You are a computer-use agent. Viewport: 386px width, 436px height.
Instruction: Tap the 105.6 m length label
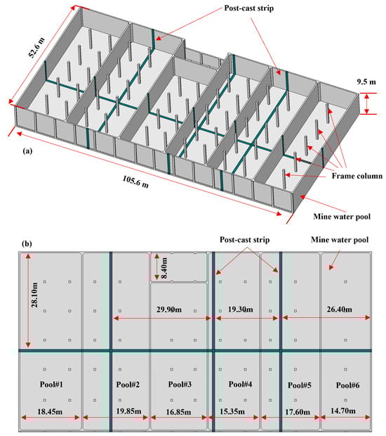pyautogui.click(x=135, y=181)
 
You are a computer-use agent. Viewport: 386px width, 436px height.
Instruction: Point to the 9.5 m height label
pyautogui.click(x=366, y=82)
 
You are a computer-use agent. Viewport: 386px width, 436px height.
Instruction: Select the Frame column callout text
pyautogui.click(x=357, y=176)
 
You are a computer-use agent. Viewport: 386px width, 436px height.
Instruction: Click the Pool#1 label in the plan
pyautogui.click(x=51, y=384)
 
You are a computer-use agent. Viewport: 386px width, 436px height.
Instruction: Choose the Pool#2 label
pyautogui.click(x=128, y=385)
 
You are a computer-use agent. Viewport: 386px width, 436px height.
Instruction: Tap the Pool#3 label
pyautogui.click(x=180, y=385)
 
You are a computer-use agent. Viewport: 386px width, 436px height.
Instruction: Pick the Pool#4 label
pyautogui.click(x=240, y=384)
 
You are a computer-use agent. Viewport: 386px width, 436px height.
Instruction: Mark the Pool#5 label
pyautogui.click(x=300, y=385)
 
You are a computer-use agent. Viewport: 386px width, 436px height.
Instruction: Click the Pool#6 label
pyautogui.click(x=347, y=385)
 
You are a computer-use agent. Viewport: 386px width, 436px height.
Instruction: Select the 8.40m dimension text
pyautogui.click(x=164, y=269)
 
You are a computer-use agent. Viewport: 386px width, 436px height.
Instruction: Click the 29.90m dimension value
pyautogui.click(x=169, y=309)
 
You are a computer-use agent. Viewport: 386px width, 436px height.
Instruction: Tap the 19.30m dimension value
pyautogui.click(x=240, y=309)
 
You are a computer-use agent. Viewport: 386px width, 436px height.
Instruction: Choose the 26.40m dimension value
pyautogui.click(x=340, y=309)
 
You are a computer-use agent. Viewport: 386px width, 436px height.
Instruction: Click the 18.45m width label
pyautogui.click(x=50, y=411)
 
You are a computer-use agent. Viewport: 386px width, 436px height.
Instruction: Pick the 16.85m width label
pyautogui.click(x=178, y=412)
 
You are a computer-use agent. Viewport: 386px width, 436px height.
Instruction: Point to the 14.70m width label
pyautogui.click(x=343, y=411)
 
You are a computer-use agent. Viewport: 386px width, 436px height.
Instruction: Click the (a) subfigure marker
pyautogui.click(x=27, y=151)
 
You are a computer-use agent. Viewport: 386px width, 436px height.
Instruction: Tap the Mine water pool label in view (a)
pyautogui.click(x=342, y=217)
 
